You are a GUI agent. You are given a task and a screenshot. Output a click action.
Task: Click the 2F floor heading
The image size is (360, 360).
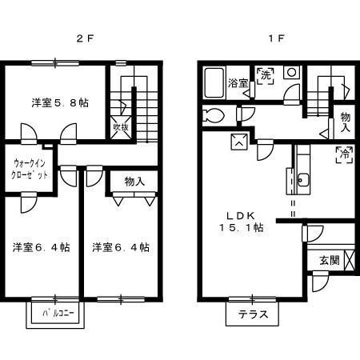point(85,38)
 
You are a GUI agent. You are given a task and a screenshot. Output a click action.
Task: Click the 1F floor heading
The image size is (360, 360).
point(276,38)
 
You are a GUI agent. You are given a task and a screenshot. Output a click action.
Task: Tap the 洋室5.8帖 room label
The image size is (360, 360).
point(60,102)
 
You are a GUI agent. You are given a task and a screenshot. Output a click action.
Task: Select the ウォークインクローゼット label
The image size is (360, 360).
point(29,169)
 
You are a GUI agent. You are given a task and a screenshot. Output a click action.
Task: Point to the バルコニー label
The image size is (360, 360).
point(58,313)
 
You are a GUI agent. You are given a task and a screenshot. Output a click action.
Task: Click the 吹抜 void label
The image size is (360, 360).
point(122,127)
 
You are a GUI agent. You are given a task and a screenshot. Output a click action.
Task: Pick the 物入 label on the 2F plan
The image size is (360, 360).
point(134,182)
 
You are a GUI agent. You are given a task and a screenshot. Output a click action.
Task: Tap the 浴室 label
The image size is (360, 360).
point(238,83)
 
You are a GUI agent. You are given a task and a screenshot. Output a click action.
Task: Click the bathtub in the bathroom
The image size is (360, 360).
point(214,82)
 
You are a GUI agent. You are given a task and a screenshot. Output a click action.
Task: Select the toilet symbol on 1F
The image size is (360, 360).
point(213,116)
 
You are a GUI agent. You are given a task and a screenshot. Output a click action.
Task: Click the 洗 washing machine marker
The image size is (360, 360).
point(266,76)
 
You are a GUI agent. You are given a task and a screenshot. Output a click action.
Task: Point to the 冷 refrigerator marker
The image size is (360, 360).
point(345,154)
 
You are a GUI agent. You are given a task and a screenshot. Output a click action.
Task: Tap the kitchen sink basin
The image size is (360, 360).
point(302,180)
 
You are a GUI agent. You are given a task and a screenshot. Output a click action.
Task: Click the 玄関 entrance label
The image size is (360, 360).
point(330,260)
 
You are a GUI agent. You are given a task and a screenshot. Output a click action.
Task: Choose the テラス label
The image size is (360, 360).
point(253,314)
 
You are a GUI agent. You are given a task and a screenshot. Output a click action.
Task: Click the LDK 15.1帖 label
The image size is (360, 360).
point(242,222)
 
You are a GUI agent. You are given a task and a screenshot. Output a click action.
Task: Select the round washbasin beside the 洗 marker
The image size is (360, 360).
point(291,72)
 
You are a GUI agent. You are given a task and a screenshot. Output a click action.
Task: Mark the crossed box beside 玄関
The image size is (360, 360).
point(350,260)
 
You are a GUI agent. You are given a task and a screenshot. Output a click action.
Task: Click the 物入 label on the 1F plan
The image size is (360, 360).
point(346,122)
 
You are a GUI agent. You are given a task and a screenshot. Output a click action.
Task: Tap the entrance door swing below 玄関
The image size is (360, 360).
point(320,282)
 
